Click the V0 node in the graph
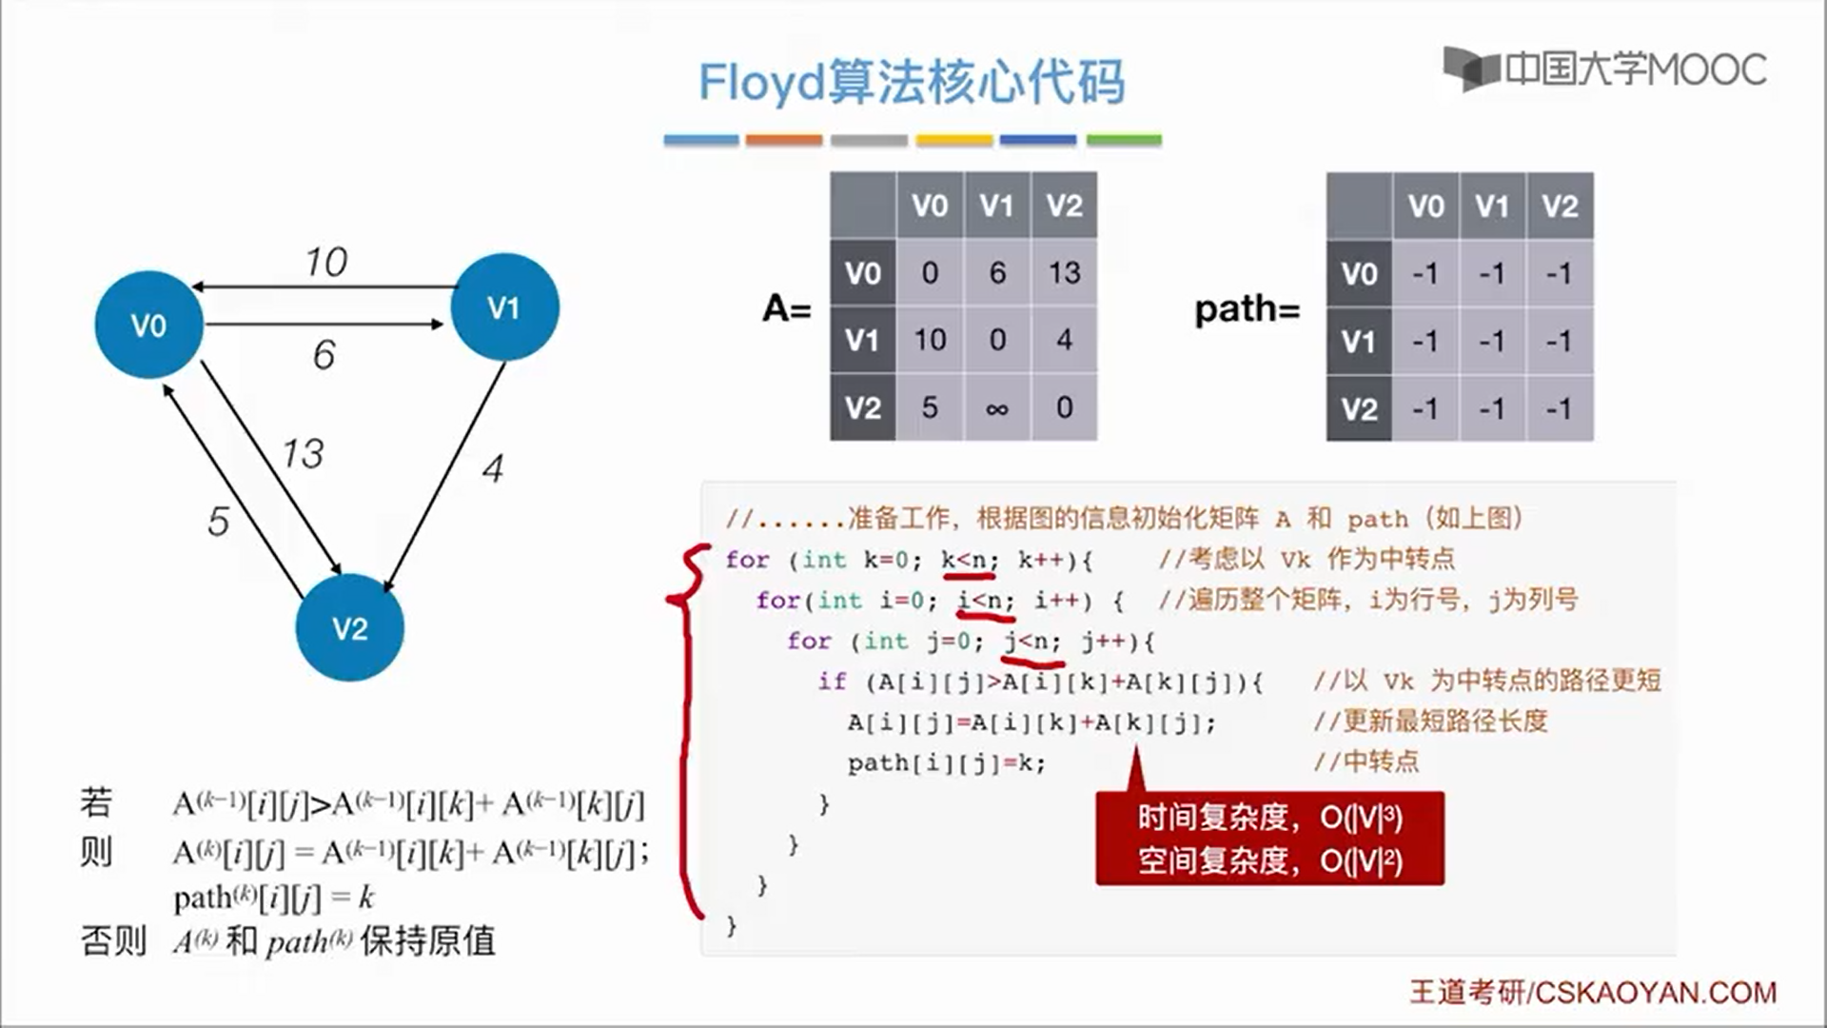click(x=148, y=325)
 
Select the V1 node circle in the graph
click(x=504, y=306)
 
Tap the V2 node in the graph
click(x=349, y=627)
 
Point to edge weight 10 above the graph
click(x=326, y=262)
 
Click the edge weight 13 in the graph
click(x=303, y=453)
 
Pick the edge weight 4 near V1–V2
click(x=492, y=468)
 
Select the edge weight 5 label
click(x=218, y=521)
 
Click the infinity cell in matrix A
click(x=996, y=408)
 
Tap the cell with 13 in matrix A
click(x=1064, y=273)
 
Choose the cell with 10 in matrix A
click(x=930, y=340)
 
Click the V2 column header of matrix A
click(x=1064, y=206)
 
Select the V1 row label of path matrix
click(x=1359, y=341)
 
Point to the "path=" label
click(x=1247, y=309)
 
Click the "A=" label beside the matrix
click(x=786, y=308)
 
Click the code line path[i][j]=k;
click(x=946, y=763)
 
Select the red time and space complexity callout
click(x=1269, y=839)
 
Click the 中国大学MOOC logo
click(x=1604, y=69)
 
